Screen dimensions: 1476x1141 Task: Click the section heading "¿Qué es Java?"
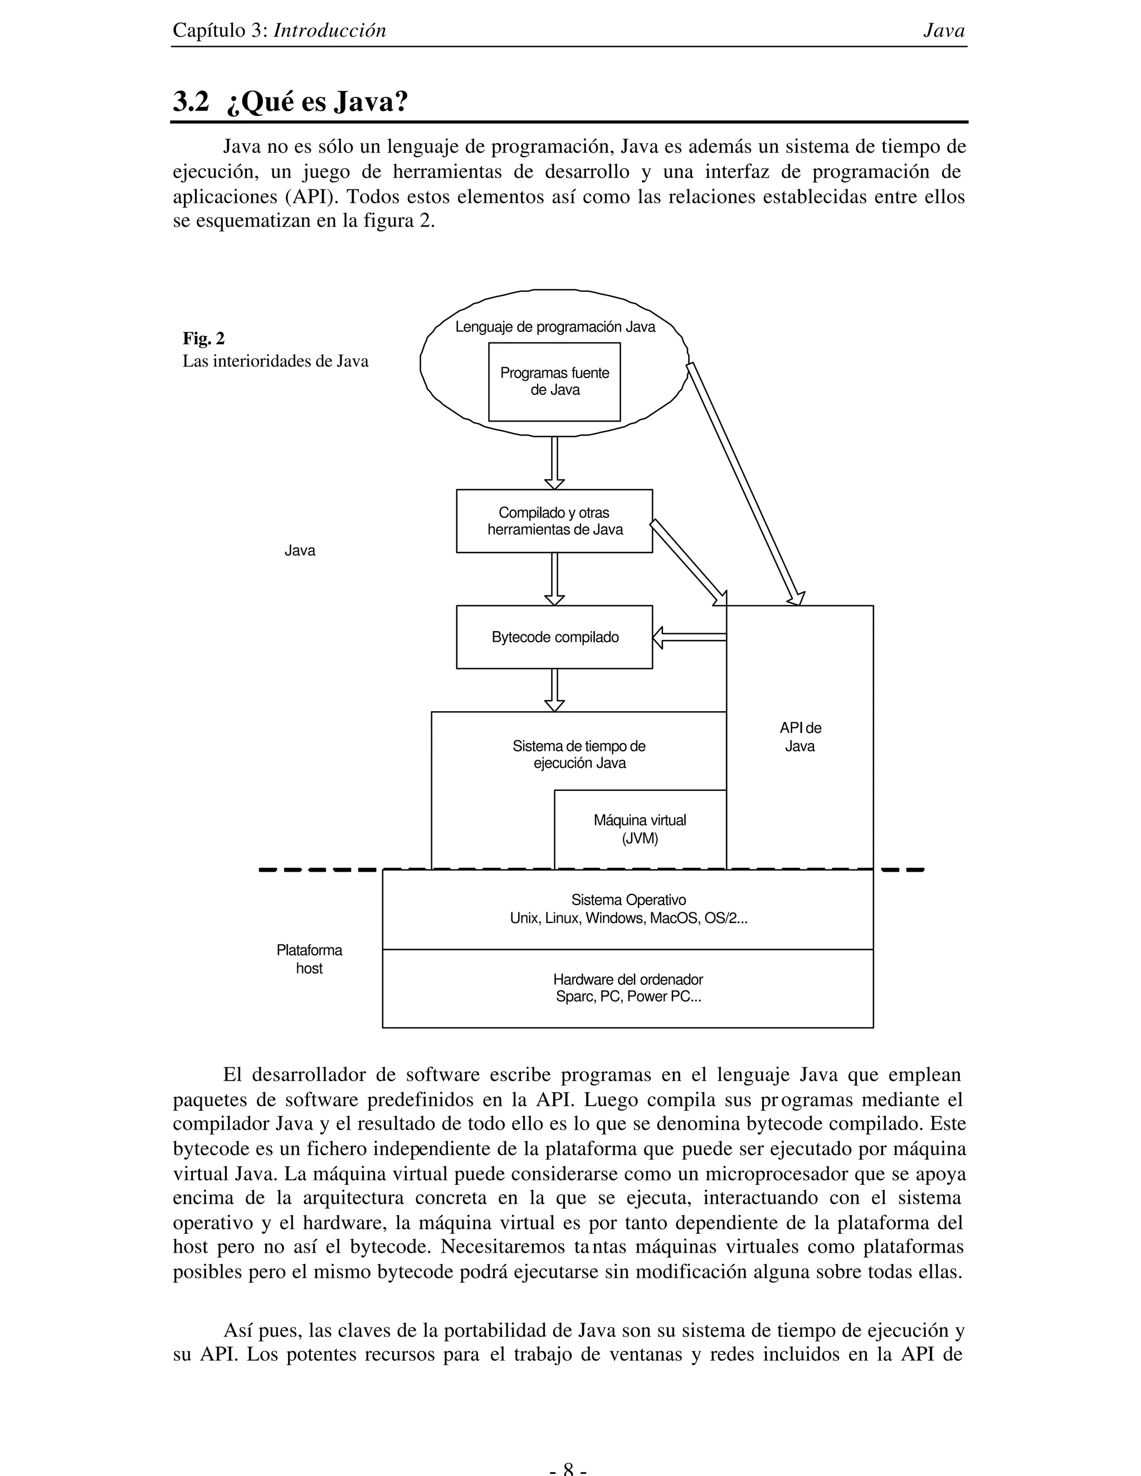click(x=318, y=102)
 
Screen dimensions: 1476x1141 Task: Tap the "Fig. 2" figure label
click(x=203, y=339)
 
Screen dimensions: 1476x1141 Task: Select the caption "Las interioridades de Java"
click(x=275, y=361)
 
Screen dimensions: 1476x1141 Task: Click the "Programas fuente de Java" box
click(x=554, y=382)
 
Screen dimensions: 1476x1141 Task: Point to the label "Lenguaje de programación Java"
click(x=555, y=327)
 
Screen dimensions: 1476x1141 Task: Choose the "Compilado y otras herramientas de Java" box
click(x=554, y=521)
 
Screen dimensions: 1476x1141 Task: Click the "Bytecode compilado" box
click(x=554, y=637)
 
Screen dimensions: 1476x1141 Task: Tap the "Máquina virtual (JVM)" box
click(x=640, y=829)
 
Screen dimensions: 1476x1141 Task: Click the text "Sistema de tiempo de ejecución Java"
click(x=579, y=755)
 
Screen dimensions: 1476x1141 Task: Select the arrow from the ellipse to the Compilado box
click(x=554, y=462)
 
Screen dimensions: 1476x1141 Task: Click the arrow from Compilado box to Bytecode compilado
click(x=554, y=579)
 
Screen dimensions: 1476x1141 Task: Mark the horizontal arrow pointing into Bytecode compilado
click(x=690, y=637)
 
